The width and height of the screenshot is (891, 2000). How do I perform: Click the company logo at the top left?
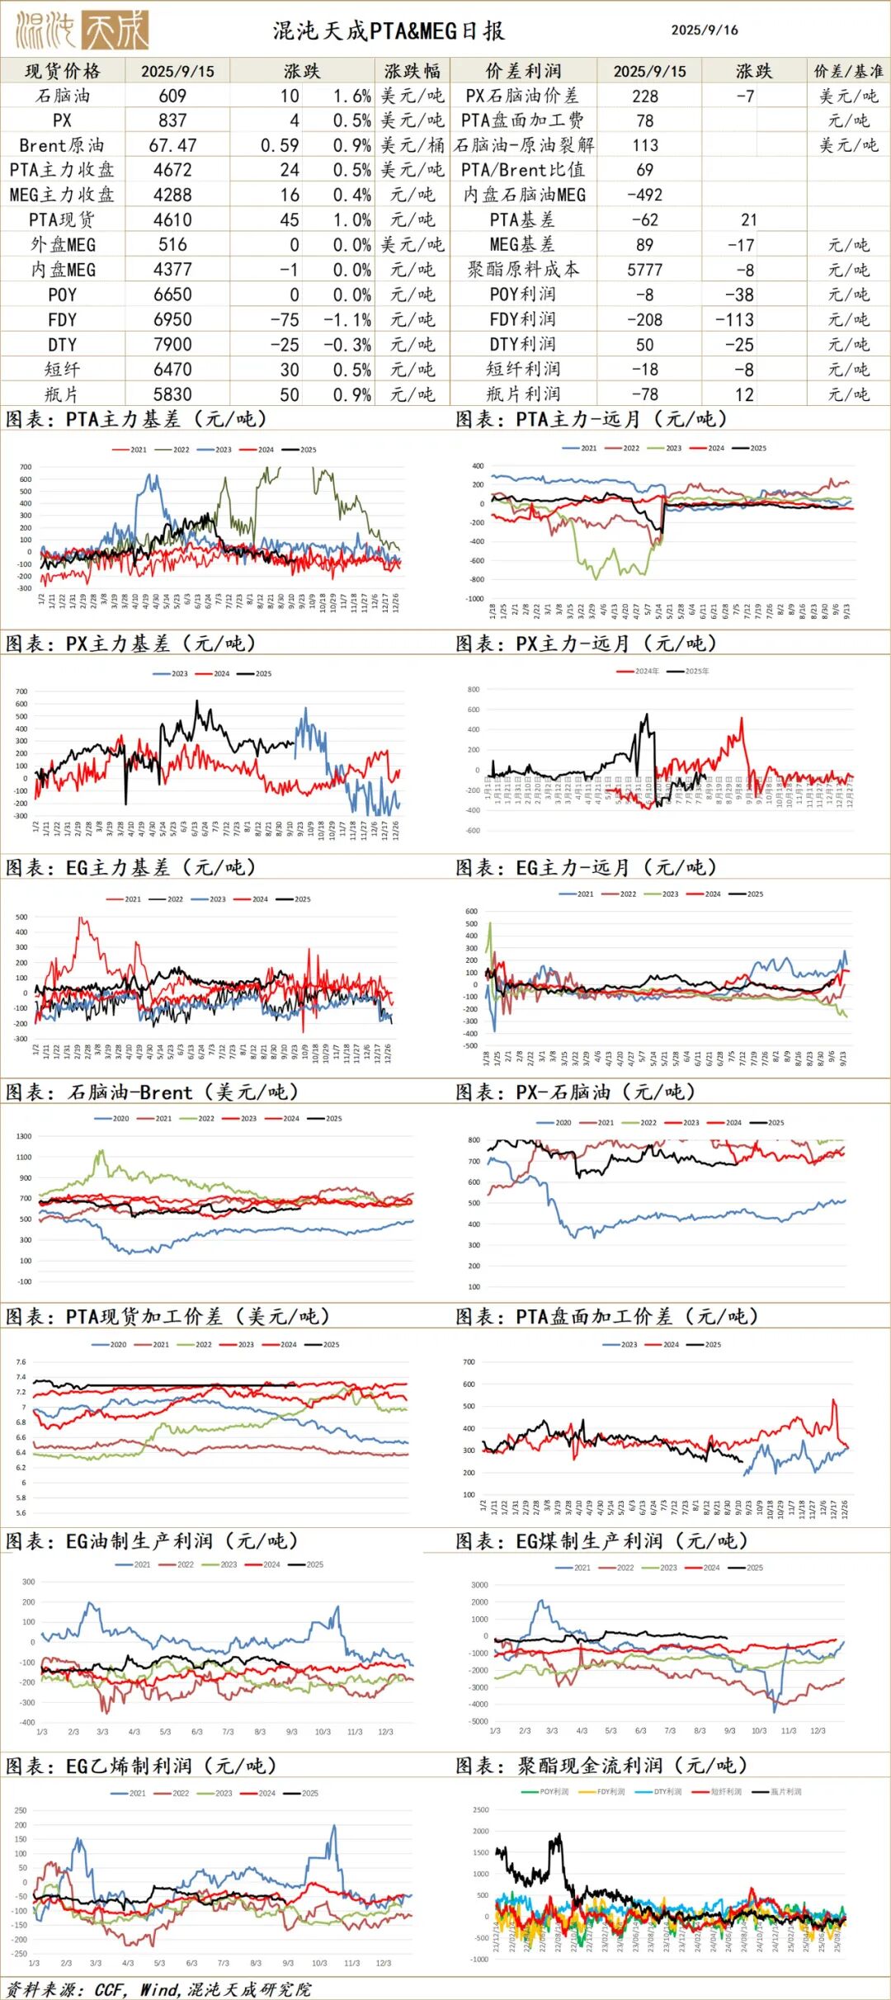pos(82,31)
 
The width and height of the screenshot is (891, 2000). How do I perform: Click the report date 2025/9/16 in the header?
pos(705,31)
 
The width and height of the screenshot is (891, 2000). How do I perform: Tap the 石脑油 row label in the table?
pos(63,96)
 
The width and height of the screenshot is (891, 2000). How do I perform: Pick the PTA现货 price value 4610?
pos(172,219)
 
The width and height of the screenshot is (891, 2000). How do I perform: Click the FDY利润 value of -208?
pos(644,319)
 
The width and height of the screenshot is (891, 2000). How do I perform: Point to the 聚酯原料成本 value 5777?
pos(644,270)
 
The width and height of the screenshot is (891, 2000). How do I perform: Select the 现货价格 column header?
pos(63,71)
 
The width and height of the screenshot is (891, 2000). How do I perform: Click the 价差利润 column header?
pos(523,71)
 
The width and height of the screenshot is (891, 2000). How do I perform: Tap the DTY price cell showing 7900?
pos(172,344)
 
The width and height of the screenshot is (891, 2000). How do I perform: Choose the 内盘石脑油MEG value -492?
pos(644,195)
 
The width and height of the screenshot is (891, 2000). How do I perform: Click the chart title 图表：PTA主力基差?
pos(136,419)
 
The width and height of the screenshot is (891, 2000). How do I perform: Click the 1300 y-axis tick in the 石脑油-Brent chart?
pos(23,1136)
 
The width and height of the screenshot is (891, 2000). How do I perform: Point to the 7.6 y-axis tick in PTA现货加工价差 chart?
pos(21,1362)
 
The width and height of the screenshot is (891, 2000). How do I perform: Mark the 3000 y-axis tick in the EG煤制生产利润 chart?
pos(479,1585)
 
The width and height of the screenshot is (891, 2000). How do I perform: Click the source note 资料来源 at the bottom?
pos(157,1989)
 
